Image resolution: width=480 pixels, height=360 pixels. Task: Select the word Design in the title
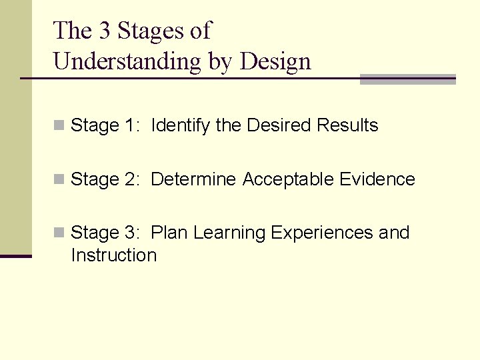click(x=275, y=62)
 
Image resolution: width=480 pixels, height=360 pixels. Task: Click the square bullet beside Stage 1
click(x=59, y=125)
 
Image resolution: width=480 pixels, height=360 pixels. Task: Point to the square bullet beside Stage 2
click(x=59, y=179)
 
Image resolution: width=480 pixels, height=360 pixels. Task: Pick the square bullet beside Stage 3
click(x=59, y=233)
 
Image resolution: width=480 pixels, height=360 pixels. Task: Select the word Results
click(x=347, y=125)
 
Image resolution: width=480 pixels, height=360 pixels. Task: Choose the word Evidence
click(x=377, y=179)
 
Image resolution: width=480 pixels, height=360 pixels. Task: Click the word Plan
click(x=169, y=233)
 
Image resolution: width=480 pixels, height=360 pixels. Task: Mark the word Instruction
click(x=113, y=255)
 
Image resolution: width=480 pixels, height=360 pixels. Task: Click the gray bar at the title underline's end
click(x=407, y=79)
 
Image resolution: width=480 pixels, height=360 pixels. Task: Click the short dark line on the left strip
click(x=15, y=256)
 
